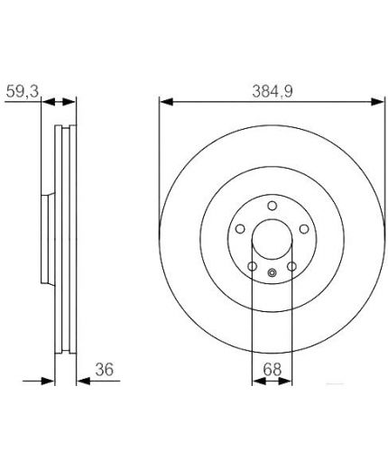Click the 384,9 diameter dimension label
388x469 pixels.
[273, 91]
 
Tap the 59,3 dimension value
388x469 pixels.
[23, 91]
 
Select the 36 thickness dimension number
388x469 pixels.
[105, 369]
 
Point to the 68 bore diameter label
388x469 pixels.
[273, 369]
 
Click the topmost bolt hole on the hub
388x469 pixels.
[273, 206]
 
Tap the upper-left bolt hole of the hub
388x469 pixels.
[240, 229]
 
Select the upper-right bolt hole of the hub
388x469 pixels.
[304, 229]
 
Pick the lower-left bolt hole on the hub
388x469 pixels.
[253, 266]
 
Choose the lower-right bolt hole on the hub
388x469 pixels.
[291, 266]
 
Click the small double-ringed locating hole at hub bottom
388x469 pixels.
[272, 272]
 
